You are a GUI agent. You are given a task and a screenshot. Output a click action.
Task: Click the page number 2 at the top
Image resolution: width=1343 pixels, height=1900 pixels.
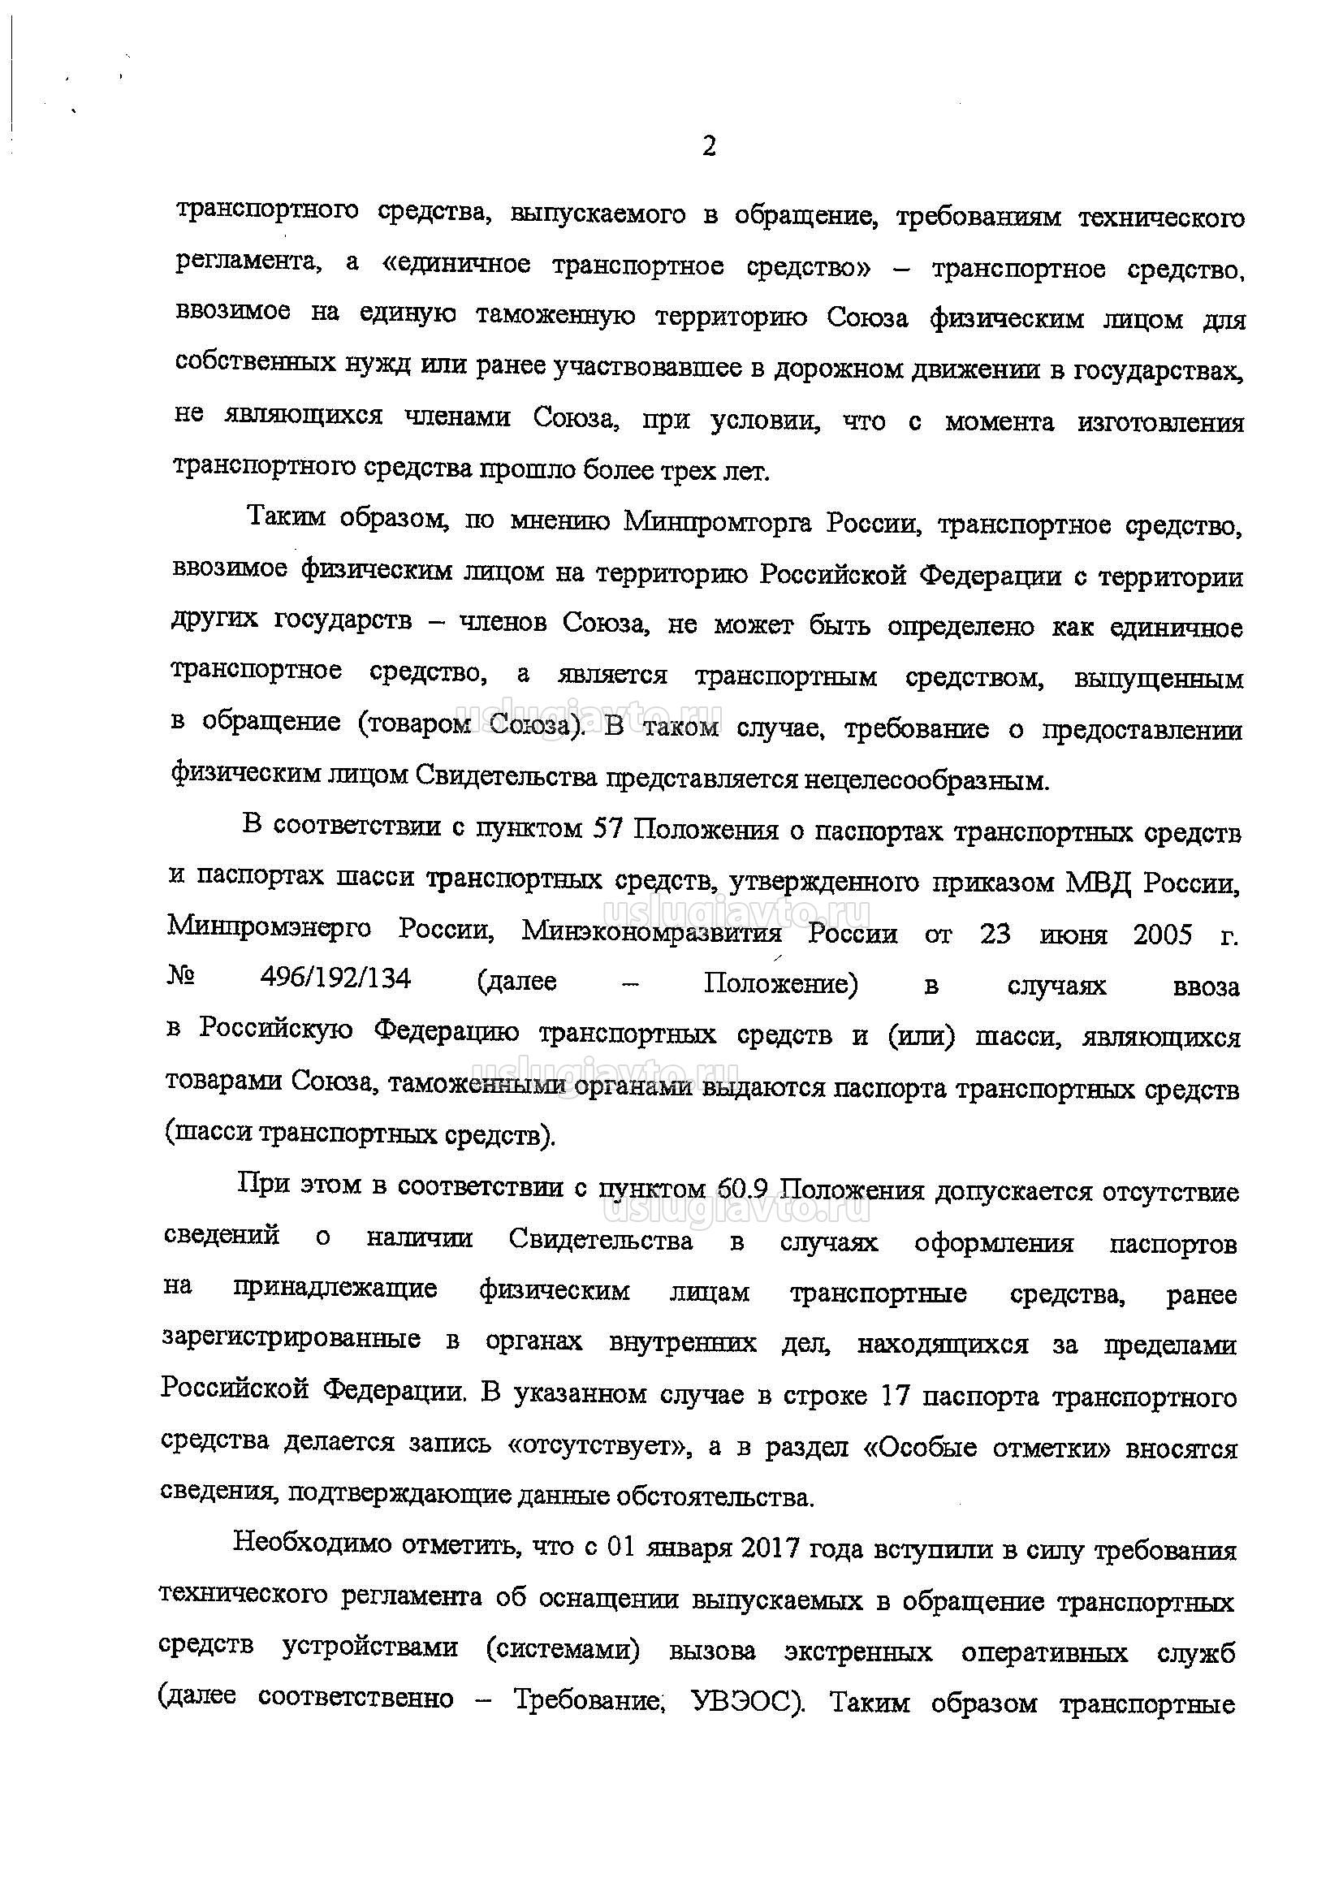click(708, 147)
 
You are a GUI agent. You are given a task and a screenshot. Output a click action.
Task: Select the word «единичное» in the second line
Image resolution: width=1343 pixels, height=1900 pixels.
click(458, 265)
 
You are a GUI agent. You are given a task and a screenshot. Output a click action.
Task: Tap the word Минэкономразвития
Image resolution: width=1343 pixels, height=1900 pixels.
click(651, 934)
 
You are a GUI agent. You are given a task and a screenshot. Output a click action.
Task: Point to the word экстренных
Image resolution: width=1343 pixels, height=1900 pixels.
click(858, 1652)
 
